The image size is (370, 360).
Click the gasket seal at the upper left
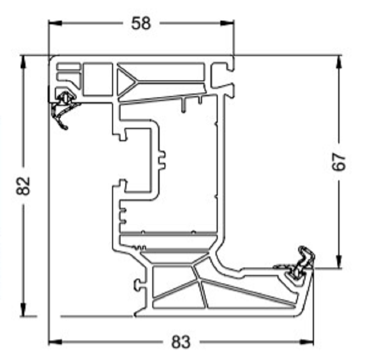[x=63, y=108]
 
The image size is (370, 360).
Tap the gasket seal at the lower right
[x=299, y=262]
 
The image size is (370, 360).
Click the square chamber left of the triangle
[x=98, y=79]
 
